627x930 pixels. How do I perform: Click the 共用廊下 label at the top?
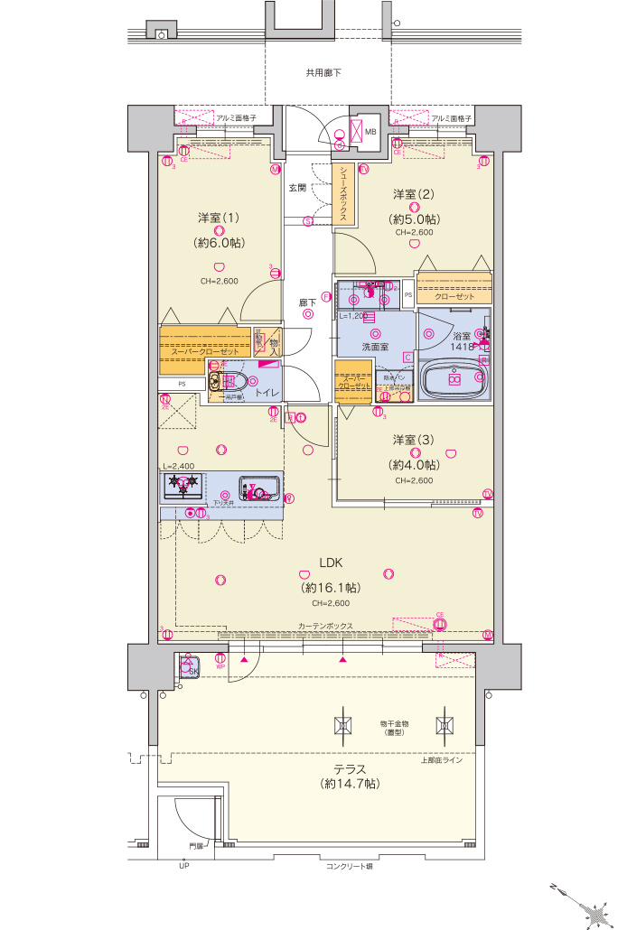click(323, 73)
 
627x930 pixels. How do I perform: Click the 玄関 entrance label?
click(297, 188)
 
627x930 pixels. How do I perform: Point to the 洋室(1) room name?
click(219, 218)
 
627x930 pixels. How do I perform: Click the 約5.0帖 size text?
click(416, 219)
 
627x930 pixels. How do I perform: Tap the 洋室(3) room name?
click(414, 440)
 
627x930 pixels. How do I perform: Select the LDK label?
click(331, 563)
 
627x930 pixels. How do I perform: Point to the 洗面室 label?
click(375, 346)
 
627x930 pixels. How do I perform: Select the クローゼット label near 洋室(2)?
click(454, 296)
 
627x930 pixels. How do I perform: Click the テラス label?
click(350, 769)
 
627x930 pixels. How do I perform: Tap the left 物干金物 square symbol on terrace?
click(343, 724)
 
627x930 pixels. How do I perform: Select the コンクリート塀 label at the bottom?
click(349, 866)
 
